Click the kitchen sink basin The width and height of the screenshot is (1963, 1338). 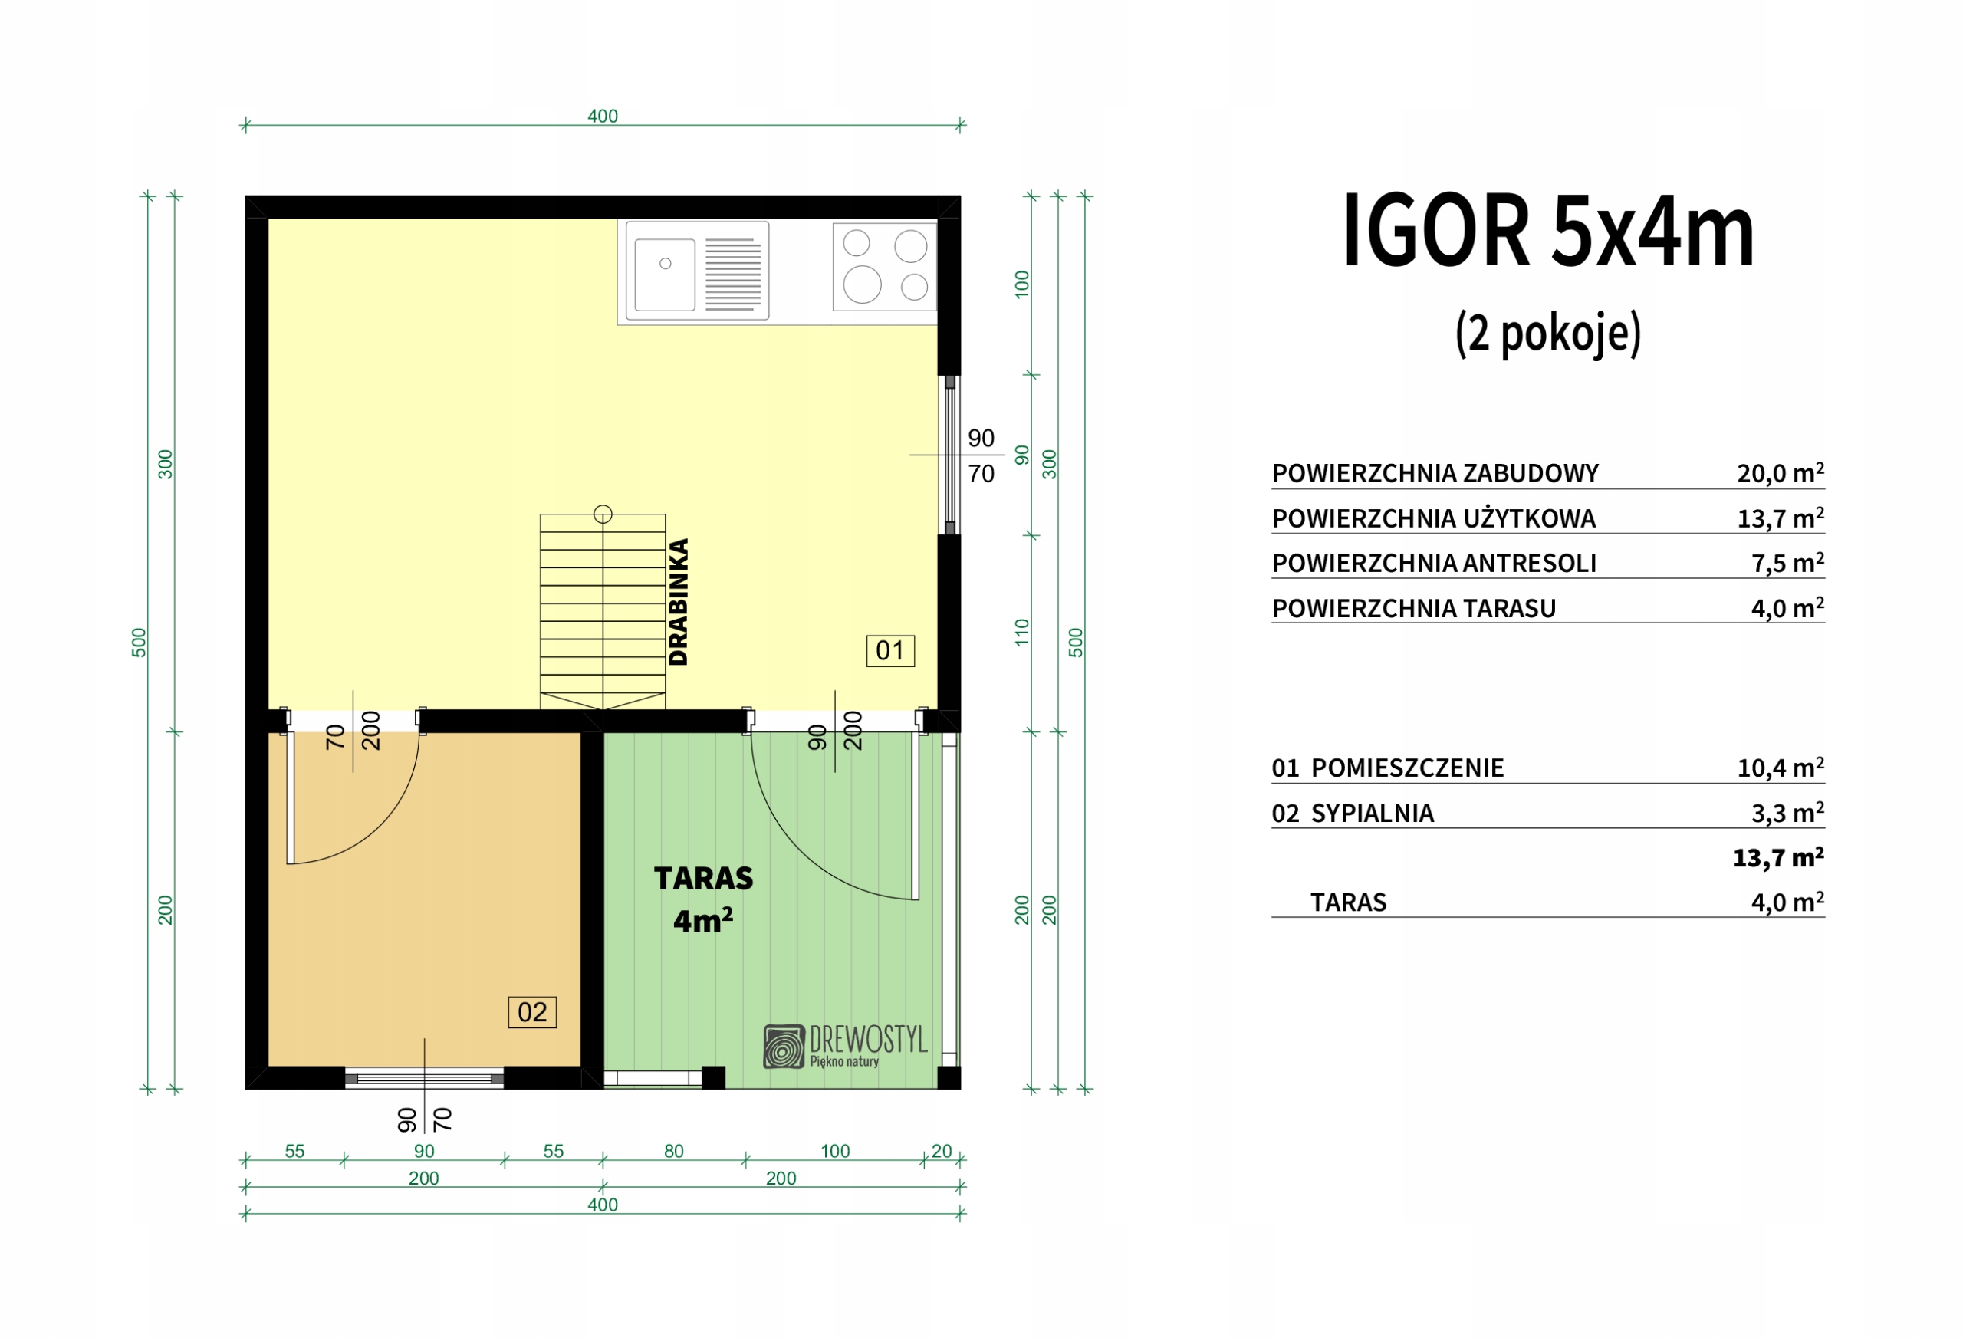point(665,275)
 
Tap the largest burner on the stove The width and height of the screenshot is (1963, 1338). point(862,284)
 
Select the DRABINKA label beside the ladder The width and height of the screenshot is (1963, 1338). point(679,601)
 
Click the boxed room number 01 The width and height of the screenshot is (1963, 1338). point(890,650)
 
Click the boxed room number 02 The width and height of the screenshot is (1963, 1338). point(532,1012)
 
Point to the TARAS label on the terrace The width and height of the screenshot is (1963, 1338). point(704,879)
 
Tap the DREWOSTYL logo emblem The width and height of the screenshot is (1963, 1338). point(784,1047)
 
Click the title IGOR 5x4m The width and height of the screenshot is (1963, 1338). point(1548,231)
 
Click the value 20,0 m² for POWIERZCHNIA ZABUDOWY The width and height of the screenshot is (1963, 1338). point(1780,473)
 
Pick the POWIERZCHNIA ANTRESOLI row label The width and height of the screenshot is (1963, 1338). point(1433,564)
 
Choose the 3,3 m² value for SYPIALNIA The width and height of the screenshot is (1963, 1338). point(1787,813)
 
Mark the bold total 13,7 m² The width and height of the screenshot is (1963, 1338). point(1778,857)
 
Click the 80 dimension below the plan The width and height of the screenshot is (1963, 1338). point(674,1150)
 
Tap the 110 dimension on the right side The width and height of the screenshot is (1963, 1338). point(1022,633)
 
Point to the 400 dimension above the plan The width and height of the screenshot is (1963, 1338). point(603,116)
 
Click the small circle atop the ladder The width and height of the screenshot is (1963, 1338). point(603,514)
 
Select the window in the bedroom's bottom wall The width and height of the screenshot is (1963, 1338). point(424,1079)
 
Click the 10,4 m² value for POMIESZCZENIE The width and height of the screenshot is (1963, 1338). point(1780,768)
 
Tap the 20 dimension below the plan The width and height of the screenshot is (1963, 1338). point(942,1150)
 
